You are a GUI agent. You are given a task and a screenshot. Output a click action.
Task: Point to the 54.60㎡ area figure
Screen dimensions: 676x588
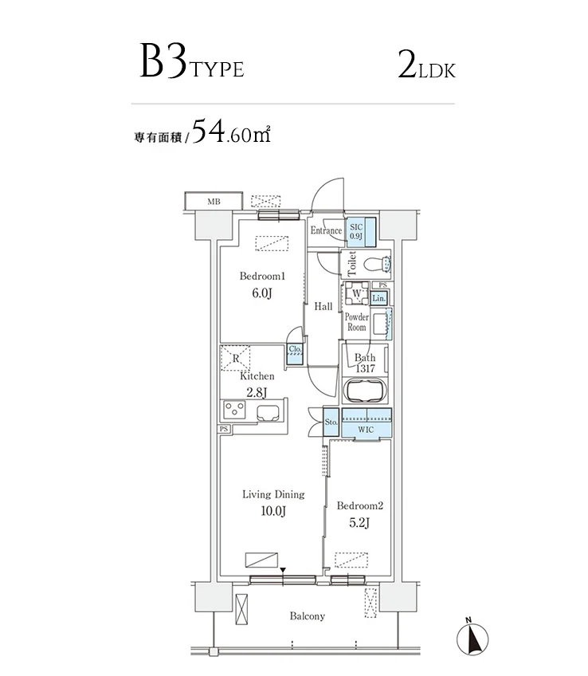231,132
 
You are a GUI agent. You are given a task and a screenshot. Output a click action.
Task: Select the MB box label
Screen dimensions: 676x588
214,202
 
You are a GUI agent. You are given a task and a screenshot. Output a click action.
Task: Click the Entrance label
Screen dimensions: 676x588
326,231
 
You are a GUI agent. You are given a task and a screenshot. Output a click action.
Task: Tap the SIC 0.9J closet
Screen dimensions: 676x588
355,230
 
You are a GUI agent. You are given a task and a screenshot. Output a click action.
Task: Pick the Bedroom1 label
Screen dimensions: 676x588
262,276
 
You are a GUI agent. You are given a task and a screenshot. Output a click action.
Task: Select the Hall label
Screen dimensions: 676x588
323,307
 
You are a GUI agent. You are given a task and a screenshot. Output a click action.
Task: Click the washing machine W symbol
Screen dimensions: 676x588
357,294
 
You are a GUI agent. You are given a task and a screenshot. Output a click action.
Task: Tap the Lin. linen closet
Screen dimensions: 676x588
379,299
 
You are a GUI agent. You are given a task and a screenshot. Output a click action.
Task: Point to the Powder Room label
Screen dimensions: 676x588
356,322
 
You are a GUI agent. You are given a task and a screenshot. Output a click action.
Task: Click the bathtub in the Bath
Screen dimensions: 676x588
365,391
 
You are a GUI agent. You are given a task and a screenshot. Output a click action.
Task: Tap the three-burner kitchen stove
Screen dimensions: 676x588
237,411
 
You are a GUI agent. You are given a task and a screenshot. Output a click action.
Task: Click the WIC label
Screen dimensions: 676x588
365,430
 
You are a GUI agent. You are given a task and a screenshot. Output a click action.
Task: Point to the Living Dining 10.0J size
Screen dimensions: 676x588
272,511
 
